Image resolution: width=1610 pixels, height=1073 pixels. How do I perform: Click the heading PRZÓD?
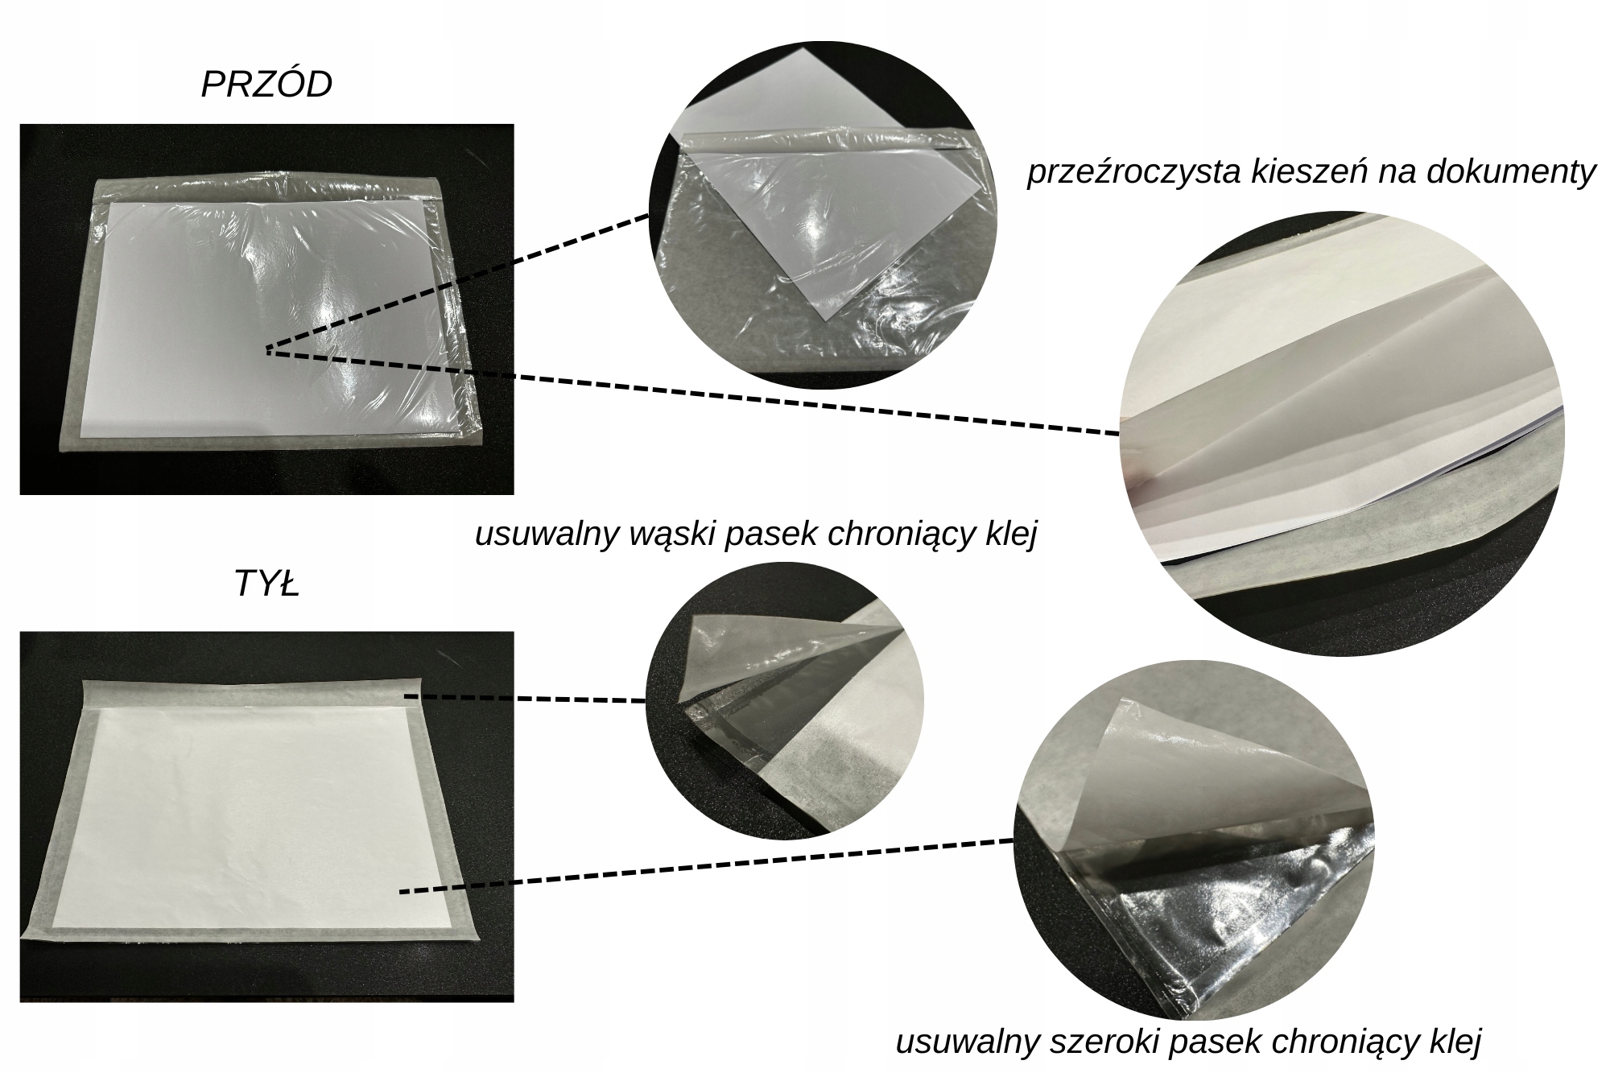tap(266, 85)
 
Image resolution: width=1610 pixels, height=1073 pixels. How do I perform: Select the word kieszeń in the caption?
tap(1304, 171)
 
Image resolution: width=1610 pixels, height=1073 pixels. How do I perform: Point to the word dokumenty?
tap(1516, 173)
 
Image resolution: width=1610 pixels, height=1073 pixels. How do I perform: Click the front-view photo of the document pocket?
tap(266, 309)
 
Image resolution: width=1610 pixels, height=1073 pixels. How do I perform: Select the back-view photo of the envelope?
tap(266, 816)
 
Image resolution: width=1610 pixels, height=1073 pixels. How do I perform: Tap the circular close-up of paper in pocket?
tap(823, 216)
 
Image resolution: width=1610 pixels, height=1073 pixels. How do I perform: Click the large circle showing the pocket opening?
tap(1341, 434)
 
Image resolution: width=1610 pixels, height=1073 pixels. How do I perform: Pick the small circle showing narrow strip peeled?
tap(785, 701)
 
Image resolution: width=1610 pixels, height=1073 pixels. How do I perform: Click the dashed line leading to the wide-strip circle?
tap(706, 866)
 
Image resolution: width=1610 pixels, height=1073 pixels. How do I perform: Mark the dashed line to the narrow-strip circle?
tap(525, 698)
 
